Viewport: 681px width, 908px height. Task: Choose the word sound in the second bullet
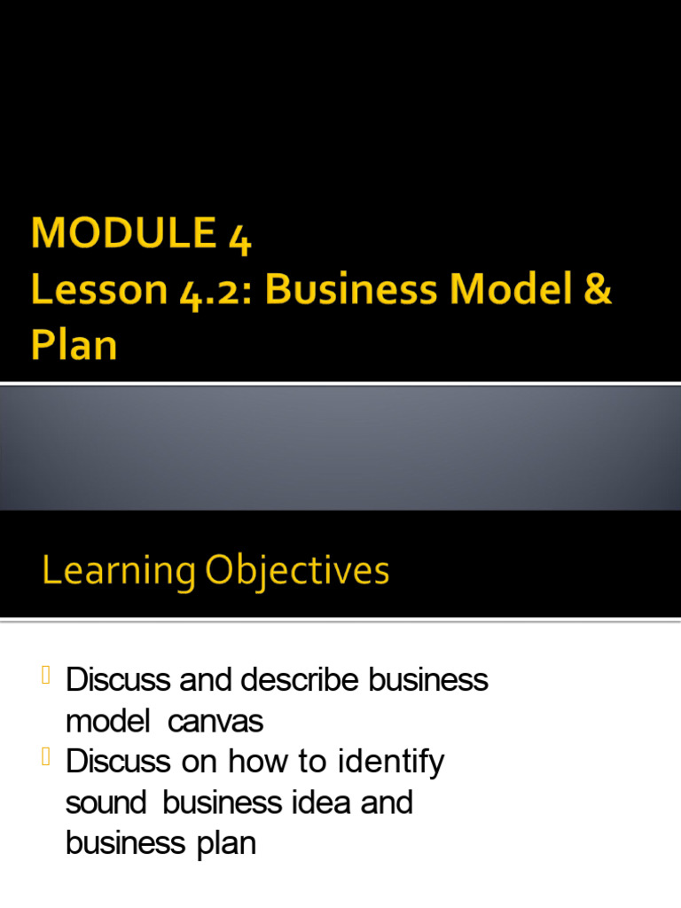point(106,802)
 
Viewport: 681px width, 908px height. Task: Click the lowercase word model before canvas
point(107,722)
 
